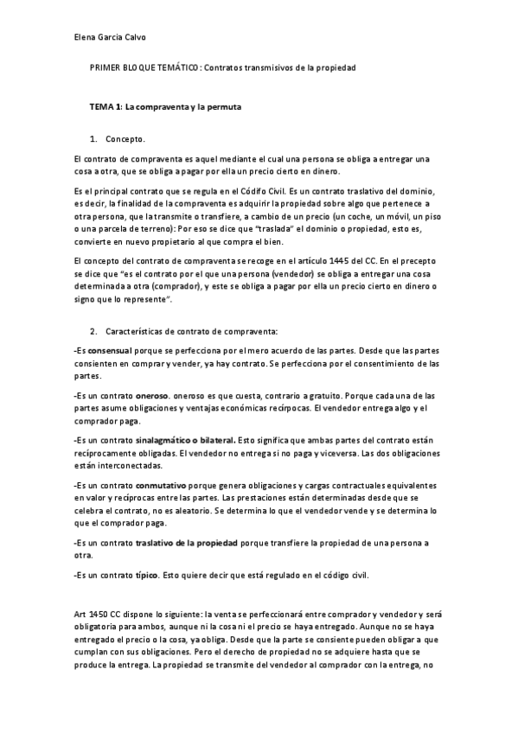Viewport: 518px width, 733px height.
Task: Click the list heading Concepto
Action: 125,139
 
